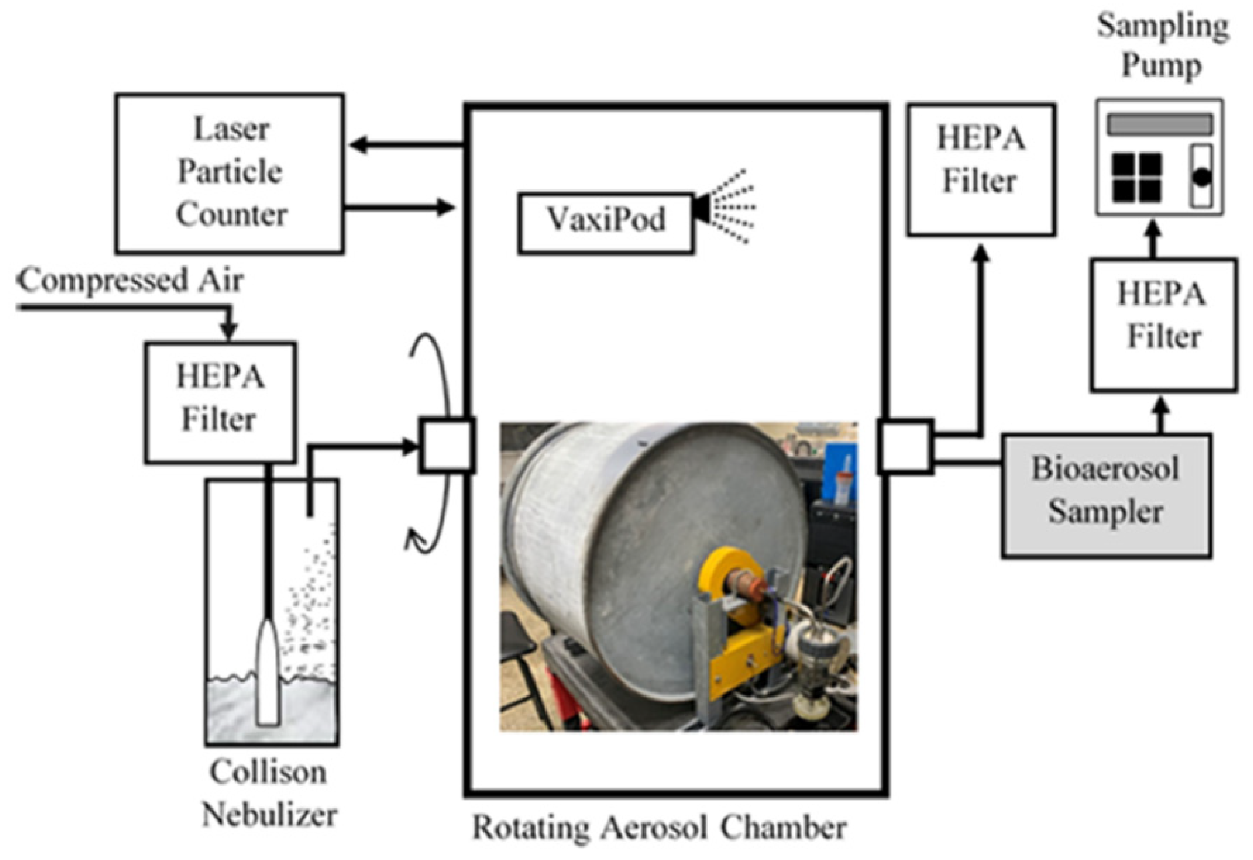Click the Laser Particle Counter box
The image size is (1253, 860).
(230, 173)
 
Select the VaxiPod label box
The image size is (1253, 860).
(606, 222)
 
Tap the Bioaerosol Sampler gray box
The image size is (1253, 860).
(1107, 495)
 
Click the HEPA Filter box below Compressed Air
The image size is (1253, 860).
(220, 402)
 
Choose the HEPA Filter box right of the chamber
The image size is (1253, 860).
(981, 170)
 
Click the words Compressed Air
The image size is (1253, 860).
(132, 281)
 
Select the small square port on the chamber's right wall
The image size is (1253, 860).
(905, 447)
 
